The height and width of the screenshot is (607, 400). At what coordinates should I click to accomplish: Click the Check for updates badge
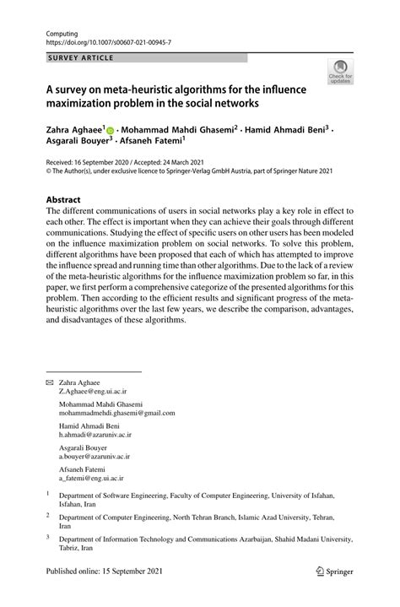click(x=342, y=72)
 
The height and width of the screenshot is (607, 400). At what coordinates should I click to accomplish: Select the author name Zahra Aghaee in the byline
click(x=73, y=130)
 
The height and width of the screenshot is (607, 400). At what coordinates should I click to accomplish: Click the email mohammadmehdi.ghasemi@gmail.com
click(x=116, y=413)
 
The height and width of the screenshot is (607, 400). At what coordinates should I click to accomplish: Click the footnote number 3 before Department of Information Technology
click(x=48, y=535)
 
